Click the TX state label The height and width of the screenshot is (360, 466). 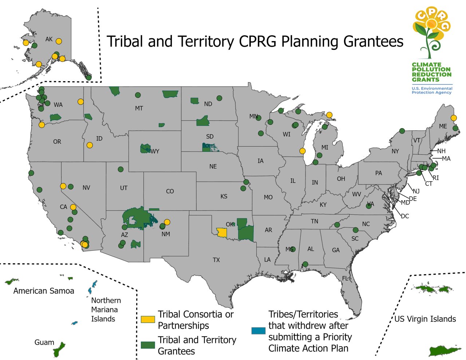(216, 260)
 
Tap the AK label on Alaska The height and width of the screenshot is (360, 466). (49, 39)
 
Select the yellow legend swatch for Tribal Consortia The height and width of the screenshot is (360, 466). (148, 319)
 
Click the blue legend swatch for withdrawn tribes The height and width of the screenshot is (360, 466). (258, 331)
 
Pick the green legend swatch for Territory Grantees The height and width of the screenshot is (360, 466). (148, 345)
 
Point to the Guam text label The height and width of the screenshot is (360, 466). (44, 342)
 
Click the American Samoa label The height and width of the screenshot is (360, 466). (44, 291)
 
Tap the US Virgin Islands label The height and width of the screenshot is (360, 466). (425, 319)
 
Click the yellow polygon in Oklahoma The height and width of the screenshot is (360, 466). (221, 233)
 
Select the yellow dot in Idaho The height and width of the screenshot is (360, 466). (90, 145)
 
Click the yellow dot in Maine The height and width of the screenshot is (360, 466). (454, 118)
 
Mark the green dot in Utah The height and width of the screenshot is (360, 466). (121, 169)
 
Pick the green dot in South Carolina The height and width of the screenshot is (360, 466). (356, 230)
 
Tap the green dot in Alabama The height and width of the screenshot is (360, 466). (305, 264)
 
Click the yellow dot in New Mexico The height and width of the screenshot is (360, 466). (167, 222)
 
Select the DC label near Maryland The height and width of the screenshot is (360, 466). (405, 216)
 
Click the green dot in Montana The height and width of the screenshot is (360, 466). (138, 95)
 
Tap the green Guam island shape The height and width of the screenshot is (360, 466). (59, 350)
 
